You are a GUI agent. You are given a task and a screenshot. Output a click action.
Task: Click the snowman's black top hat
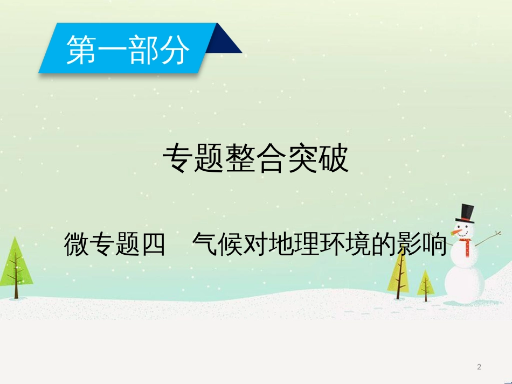click(466, 214)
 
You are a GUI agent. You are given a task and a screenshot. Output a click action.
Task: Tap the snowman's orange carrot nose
click(456, 233)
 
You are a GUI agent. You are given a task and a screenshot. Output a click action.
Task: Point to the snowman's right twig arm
click(488, 239)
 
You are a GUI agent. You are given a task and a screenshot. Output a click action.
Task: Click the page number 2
click(479, 367)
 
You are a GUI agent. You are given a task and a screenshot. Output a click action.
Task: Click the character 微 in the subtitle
click(76, 244)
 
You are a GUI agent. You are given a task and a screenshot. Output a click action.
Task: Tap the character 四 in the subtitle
click(153, 244)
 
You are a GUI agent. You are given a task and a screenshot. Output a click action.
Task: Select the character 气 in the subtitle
click(204, 244)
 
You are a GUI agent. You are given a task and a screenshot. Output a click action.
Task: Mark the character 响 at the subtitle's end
click(434, 244)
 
